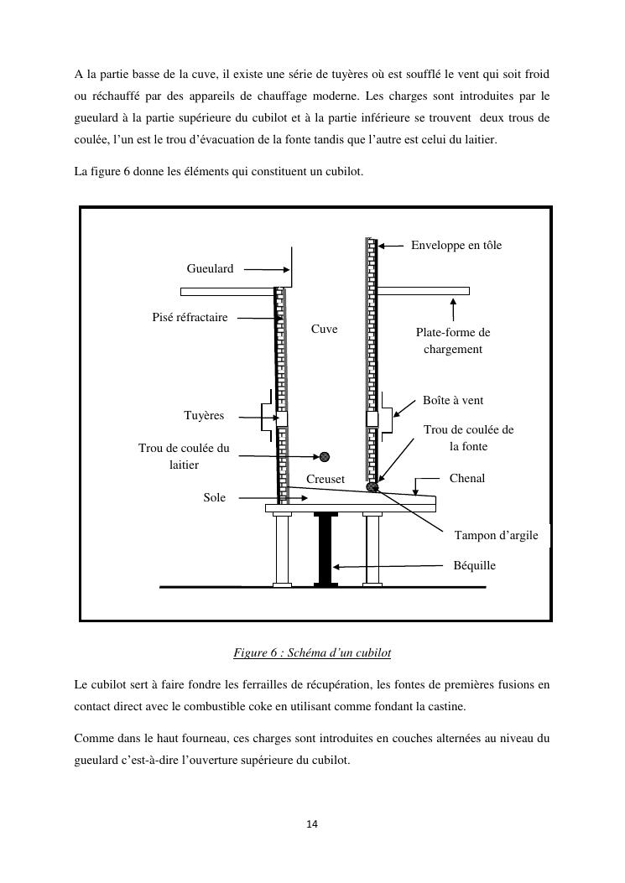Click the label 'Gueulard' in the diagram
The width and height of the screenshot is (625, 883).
click(210, 269)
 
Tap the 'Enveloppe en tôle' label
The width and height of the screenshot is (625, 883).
click(456, 245)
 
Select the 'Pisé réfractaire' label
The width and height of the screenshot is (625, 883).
click(190, 318)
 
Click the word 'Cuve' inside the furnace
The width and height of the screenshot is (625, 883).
click(324, 330)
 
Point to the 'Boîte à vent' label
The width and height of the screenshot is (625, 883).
click(453, 401)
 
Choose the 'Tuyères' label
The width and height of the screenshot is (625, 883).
click(204, 416)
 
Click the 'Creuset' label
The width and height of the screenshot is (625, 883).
click(326, 479)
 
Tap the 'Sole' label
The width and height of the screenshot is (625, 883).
click(215, 497)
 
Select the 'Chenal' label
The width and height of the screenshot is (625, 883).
click(467, 478)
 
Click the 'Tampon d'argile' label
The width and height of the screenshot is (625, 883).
click(496, 535)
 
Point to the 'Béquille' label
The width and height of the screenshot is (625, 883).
click(474, 566)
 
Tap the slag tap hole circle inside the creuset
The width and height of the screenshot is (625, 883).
click(325, 457)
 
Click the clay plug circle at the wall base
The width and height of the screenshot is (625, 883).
click(373, 487)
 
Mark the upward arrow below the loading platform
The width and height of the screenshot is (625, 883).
click(454, 308)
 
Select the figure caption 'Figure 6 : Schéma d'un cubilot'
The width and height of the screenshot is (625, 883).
click(312, 652)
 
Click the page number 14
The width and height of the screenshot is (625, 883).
click(312, 825)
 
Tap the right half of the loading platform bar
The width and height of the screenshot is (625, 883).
click(423, 291)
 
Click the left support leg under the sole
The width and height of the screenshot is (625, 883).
click(281, 549)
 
